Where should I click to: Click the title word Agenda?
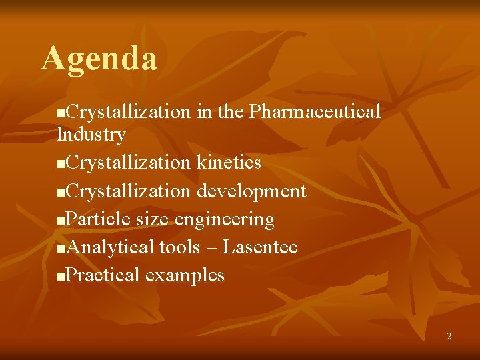pos(99,59)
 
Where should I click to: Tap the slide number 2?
pos(449,337)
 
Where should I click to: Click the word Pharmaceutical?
pos(315,111)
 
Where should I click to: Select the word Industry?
pos(91,135)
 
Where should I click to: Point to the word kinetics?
pos(228,163)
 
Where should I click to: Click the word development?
pos(251,191)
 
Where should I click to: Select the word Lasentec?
pos(260,247)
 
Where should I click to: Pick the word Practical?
pos(103,275)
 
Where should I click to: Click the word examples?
pos(185,275)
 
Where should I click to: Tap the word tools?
pos(179,247)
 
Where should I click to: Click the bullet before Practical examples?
pos(62,276)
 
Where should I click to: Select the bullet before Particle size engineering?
pos(62,221)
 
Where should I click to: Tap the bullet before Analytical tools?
pos(62,249)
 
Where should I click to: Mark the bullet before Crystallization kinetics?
pos(62,164)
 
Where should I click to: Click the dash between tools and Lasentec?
pos(211,248)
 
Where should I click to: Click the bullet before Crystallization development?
pos(62,193)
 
